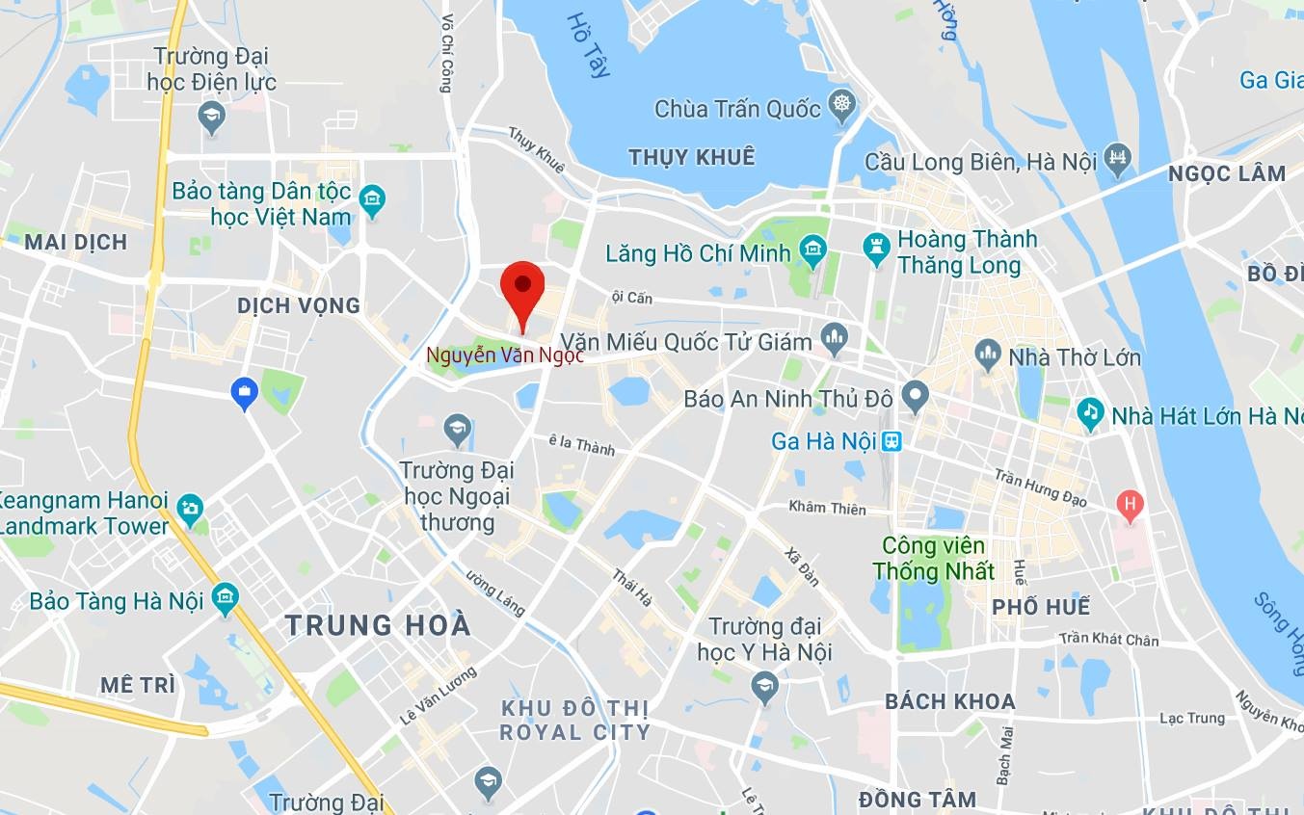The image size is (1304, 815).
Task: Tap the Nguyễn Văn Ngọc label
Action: [x=505, y=355]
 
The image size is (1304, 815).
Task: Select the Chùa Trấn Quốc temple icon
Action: [x=842, y=107]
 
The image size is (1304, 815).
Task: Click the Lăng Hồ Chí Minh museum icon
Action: [x=813, y=252]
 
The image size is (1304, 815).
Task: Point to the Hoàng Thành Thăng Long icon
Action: [x=876, y=250]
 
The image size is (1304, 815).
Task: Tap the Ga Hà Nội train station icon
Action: [x=892, y=441]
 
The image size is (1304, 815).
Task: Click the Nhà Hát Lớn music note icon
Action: [x=1090, y=414]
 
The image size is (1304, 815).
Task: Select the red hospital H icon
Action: [x=1130, y=502]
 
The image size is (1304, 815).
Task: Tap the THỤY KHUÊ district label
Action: [x=691, y=158]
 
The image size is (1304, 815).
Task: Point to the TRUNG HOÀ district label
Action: [x=378, y=625]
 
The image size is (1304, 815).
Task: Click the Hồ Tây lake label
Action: [x=587, y=45]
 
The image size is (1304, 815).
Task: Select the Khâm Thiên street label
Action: [x=827, y=508]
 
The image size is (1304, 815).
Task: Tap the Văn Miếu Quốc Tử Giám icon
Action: [x=834, y=338]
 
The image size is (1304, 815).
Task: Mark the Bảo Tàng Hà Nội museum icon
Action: [x=225, y=598]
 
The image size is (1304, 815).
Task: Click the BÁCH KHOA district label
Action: [x=949, y=701]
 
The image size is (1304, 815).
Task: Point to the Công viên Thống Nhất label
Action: [x=933, y=559]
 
